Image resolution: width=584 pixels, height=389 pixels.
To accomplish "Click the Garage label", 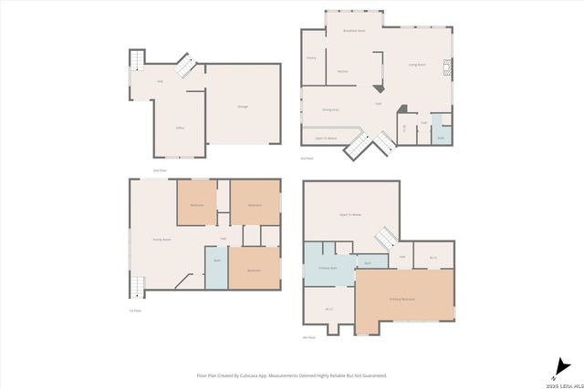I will click(x=243, y=107).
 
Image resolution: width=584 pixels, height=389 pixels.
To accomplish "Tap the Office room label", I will click(x=180, y=128).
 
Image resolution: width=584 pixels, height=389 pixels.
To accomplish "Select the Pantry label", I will click(x=311, y=57).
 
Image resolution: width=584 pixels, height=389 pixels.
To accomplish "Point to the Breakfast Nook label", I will click(x=354, y=31).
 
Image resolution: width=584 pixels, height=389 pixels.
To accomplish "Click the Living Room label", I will click(x=419, y=65).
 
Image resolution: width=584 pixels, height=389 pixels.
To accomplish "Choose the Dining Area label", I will click(x=330, y=109).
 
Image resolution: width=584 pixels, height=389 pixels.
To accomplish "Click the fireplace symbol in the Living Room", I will click(x=447, y=66).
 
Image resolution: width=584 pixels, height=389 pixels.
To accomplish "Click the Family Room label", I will click(x=161, y=239).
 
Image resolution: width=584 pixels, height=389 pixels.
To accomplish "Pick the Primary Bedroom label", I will click(x=402, y=298).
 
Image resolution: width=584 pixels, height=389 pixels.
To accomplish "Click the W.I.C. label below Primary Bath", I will click(x=328, y=309).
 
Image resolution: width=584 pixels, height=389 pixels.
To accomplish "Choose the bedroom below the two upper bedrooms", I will click(x=254, y=270).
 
